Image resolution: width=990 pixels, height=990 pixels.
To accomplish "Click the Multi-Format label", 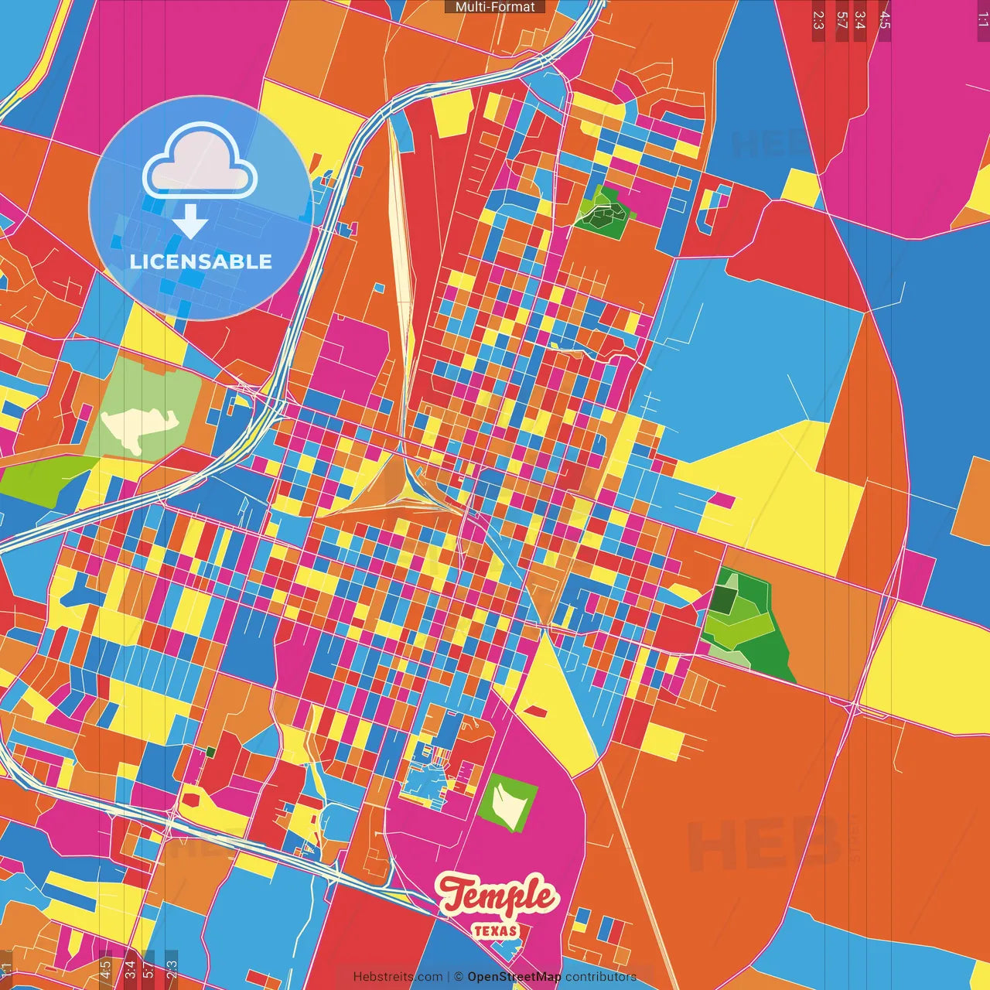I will (495, 7).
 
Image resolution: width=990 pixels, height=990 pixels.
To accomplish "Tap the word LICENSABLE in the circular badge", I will (200, 261).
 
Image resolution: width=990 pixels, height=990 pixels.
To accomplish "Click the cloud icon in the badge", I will (200, 161).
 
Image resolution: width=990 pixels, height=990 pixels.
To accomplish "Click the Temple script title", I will (497, 896).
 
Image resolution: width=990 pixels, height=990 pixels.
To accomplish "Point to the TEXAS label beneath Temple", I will (495, 930).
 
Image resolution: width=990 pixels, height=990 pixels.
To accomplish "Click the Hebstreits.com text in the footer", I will (398, 977).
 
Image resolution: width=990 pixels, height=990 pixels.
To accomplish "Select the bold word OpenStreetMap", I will (514, 977).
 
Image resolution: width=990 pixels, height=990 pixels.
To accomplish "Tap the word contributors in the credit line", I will (601, 977).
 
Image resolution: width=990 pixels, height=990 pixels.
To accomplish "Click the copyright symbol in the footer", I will (459, 977).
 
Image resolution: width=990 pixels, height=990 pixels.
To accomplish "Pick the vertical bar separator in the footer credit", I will (449, 977).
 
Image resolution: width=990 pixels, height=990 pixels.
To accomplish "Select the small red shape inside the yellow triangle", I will (534, 709).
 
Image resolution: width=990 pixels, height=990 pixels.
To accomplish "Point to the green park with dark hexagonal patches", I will (604, 209).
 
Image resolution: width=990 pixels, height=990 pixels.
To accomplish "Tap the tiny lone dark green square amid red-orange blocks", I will (210, 751).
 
